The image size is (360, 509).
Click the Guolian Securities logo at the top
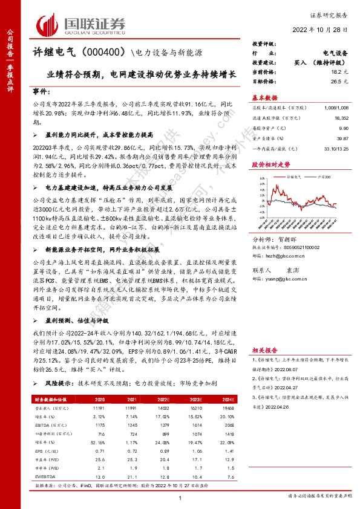click(x=81, y=25)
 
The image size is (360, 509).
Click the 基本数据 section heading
click(x=265, y=97)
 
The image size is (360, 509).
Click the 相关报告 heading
click(x=264, y=349)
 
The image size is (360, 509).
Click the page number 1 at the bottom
click(x=180, y=497)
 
